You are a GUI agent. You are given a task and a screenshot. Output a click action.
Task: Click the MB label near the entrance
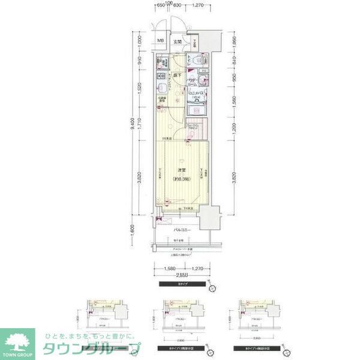[160, 41]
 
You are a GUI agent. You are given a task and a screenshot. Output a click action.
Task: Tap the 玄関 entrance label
[178, 41]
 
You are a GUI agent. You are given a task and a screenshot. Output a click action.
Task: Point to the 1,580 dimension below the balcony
[169, 268]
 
